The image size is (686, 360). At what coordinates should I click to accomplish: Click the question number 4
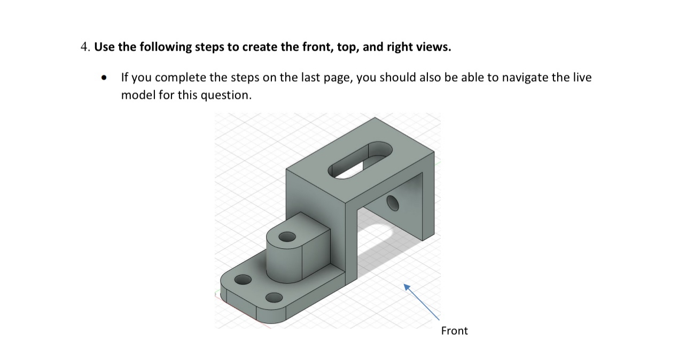[x=84, y=47]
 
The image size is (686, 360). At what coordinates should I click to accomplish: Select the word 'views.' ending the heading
[x=434, y=47]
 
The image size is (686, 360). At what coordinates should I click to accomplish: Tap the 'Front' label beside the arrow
[x=454, y=331]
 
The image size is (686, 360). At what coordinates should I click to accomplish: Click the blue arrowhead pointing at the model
[x=407, y=287]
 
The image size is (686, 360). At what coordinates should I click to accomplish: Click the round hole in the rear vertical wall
[x=393, y=203]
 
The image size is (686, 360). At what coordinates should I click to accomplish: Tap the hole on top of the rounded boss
[x=287, y=237]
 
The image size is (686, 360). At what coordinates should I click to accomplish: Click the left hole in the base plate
[x=243, y=280]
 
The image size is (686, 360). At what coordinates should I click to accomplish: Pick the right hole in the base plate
[x=274, y=298]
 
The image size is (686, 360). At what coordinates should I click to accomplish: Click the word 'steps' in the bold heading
[x=209, y=47]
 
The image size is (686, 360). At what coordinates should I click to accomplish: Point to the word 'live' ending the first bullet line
[x=582, y=77]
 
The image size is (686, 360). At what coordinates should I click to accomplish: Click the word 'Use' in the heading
[x=105, y=47]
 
